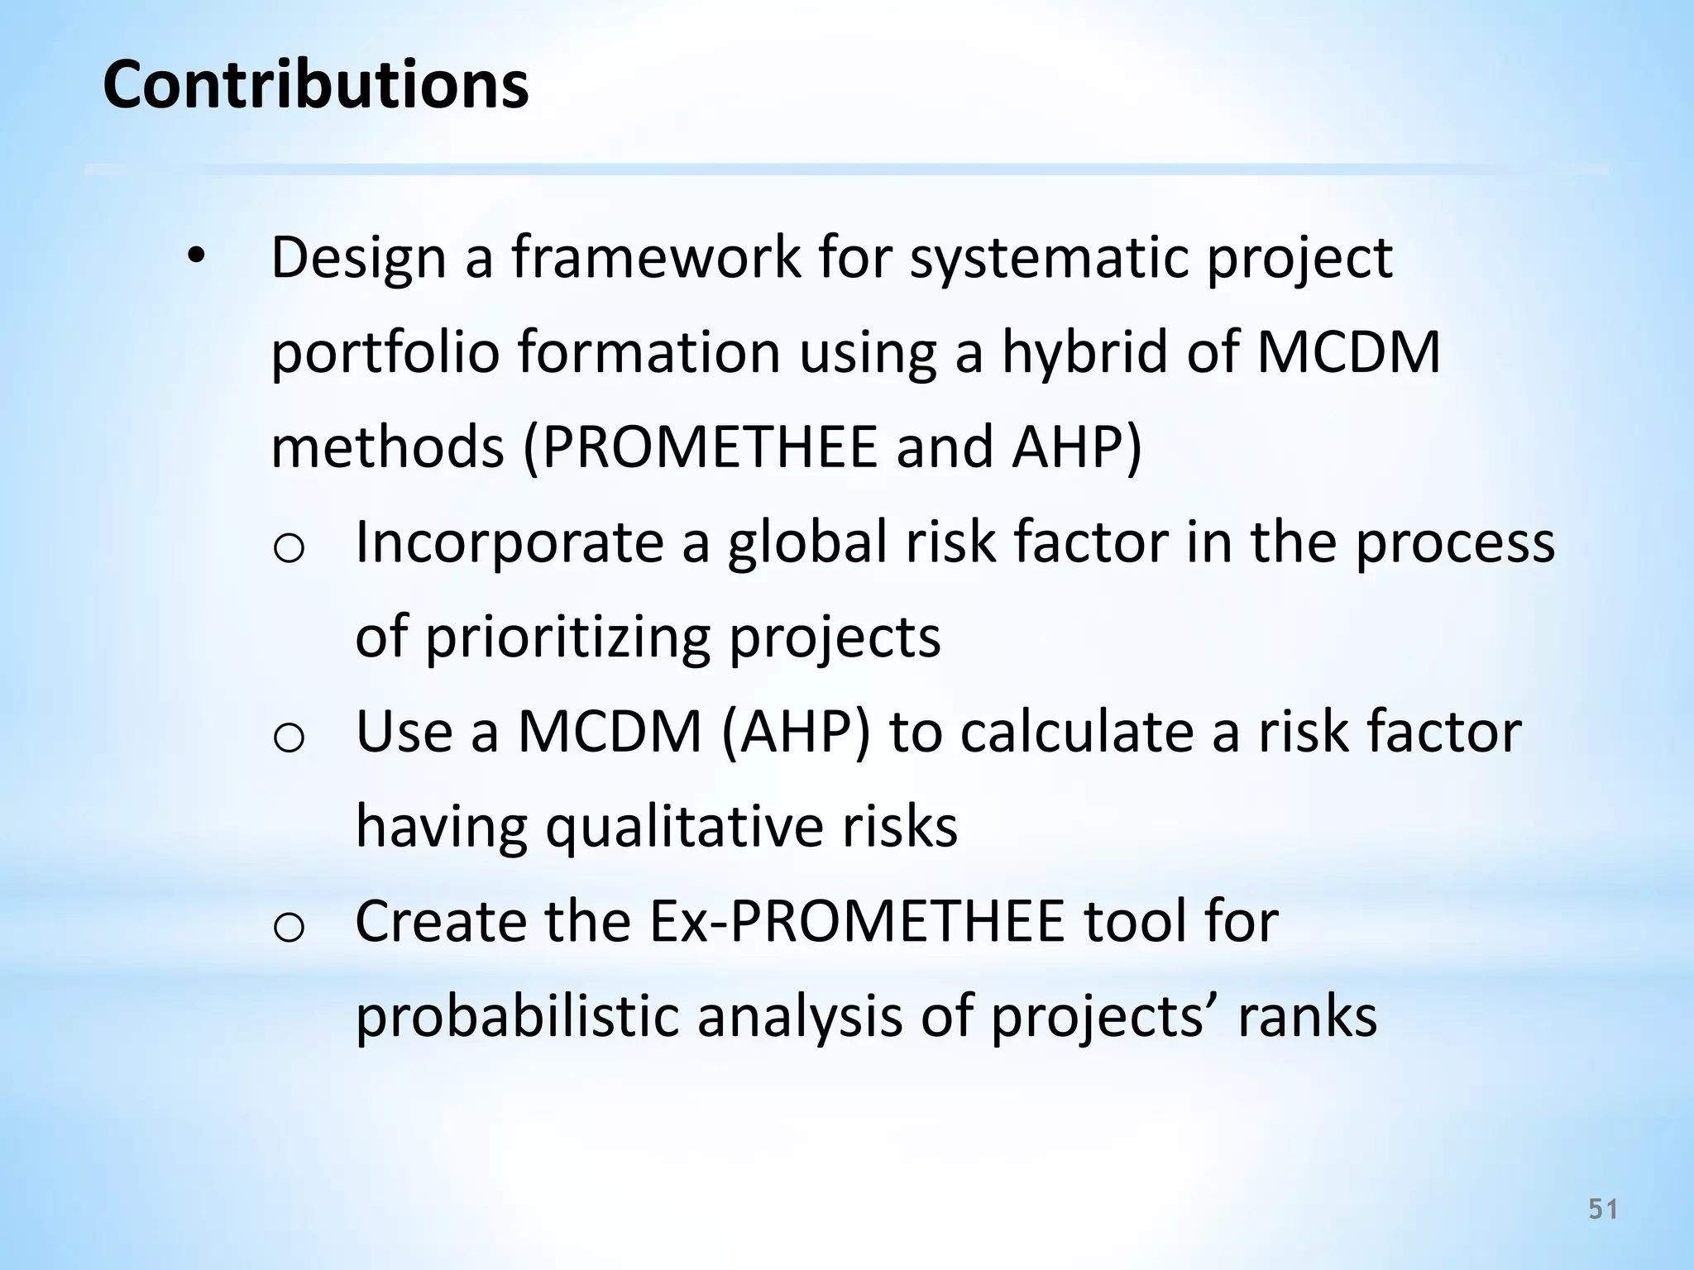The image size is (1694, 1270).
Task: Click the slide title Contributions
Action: pos(315,84)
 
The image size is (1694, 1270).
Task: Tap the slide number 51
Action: pos(1603,1210)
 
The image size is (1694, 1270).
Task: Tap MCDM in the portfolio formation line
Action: pos(1348,352)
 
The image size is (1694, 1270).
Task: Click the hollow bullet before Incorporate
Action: pos(289,547)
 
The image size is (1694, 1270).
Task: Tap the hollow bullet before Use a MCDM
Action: pos(289,738)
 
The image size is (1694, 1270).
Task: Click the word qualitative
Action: pos(683,828)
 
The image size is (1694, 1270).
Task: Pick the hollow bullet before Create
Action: pos(289,928)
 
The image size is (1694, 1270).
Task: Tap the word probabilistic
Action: pos(517,1017)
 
